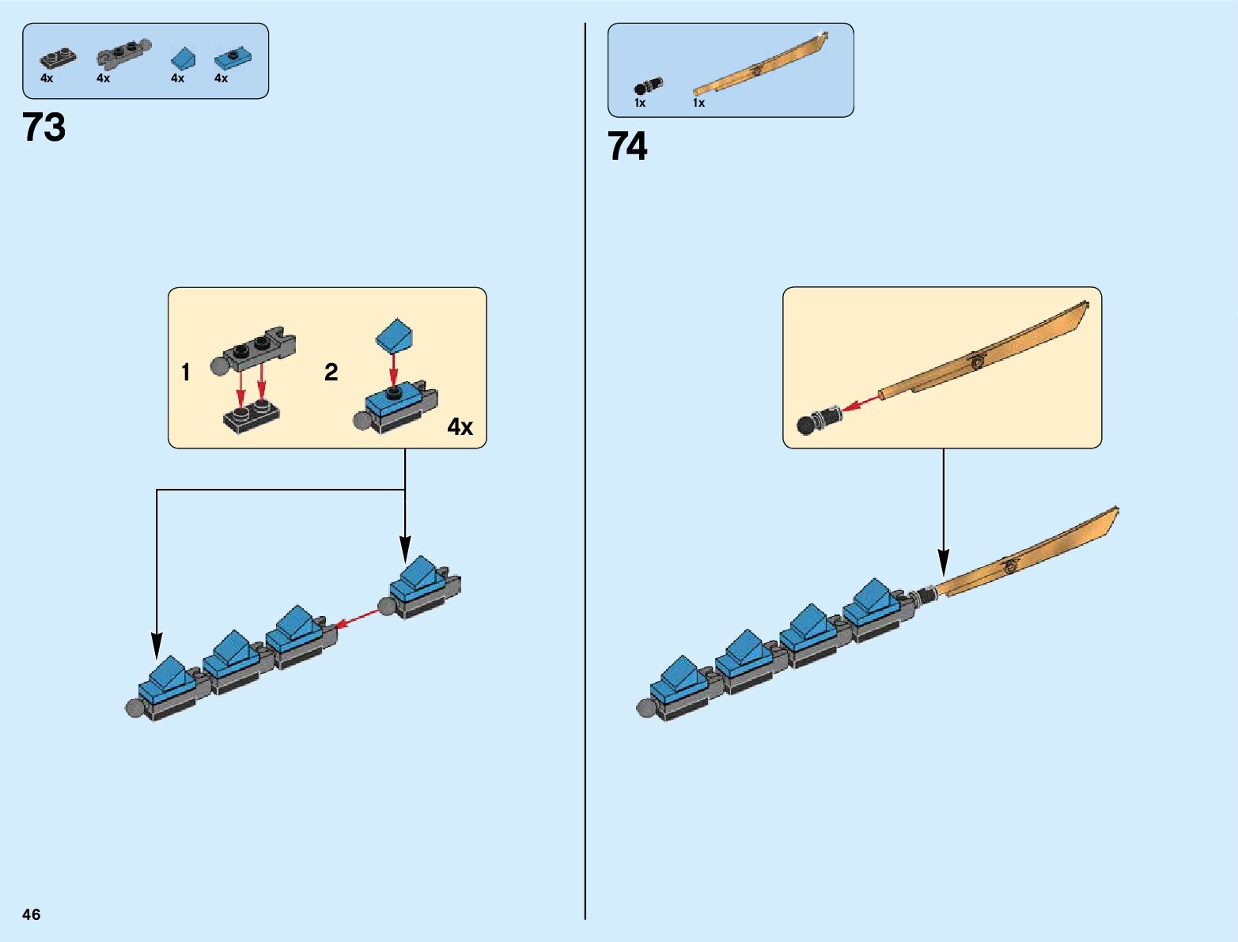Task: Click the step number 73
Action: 44,127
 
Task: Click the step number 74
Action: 627,146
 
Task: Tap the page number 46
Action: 32,914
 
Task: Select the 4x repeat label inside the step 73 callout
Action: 460,427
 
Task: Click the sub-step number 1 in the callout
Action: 186,372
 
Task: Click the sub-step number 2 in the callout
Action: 331,372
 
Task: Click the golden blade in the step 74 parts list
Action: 759,66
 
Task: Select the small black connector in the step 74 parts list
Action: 647,85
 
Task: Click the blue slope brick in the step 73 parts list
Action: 184,59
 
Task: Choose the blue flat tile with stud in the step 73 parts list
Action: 233,58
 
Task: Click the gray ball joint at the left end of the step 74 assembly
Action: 645,708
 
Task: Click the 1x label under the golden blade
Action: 699,103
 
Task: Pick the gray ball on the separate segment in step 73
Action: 388,607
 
